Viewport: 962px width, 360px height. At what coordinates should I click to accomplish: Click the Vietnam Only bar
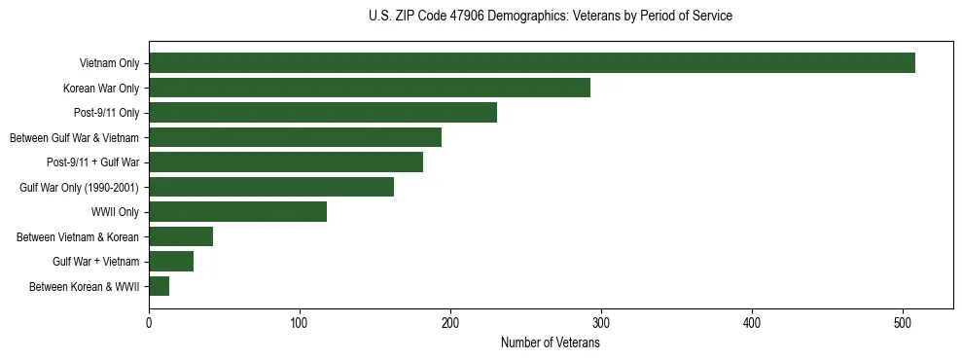pos(531,63)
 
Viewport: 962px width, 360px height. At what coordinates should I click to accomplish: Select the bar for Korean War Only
pos(370,88)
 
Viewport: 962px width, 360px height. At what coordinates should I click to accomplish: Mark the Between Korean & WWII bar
pos(159,286)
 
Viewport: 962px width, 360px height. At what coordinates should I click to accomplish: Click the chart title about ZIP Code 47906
pos(551,16)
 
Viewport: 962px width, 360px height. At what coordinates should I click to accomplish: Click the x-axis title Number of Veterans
pos(551,343)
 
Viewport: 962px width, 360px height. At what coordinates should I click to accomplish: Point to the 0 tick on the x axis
pos(149,324)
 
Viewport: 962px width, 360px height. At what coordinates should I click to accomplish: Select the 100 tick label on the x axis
pos(300,324)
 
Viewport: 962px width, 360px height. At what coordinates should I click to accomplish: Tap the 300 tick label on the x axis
pos(601,324)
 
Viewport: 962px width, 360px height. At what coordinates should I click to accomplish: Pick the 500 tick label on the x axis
pos(903,324)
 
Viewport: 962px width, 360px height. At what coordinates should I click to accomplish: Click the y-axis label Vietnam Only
pos(109,64)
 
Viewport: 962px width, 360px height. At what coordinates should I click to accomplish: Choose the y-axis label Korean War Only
pos(101,89)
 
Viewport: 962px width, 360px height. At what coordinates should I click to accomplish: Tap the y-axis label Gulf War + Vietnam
pos(95,262)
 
